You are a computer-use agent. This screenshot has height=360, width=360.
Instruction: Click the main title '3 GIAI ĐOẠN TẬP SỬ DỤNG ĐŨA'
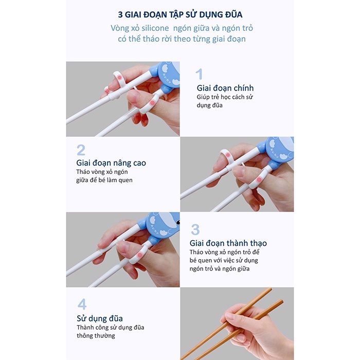tap(179, 13)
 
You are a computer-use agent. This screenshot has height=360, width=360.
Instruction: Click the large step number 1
tap(200, 75)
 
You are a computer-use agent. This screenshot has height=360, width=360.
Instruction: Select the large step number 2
tap(81, 150)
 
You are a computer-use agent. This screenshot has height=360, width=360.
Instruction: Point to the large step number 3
tap(195, 229)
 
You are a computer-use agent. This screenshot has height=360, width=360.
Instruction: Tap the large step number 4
tap(82, 304)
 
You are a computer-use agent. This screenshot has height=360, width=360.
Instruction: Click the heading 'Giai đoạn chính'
tap(225, 88)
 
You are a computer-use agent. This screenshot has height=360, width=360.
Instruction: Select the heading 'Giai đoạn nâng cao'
tap(111, 163)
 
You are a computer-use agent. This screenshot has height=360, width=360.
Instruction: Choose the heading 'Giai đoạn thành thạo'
tap(228, 243)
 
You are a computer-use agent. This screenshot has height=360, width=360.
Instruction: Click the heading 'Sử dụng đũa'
tap(99, 318)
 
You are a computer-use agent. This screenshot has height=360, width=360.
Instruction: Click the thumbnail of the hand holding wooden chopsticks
tap(237, 323)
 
